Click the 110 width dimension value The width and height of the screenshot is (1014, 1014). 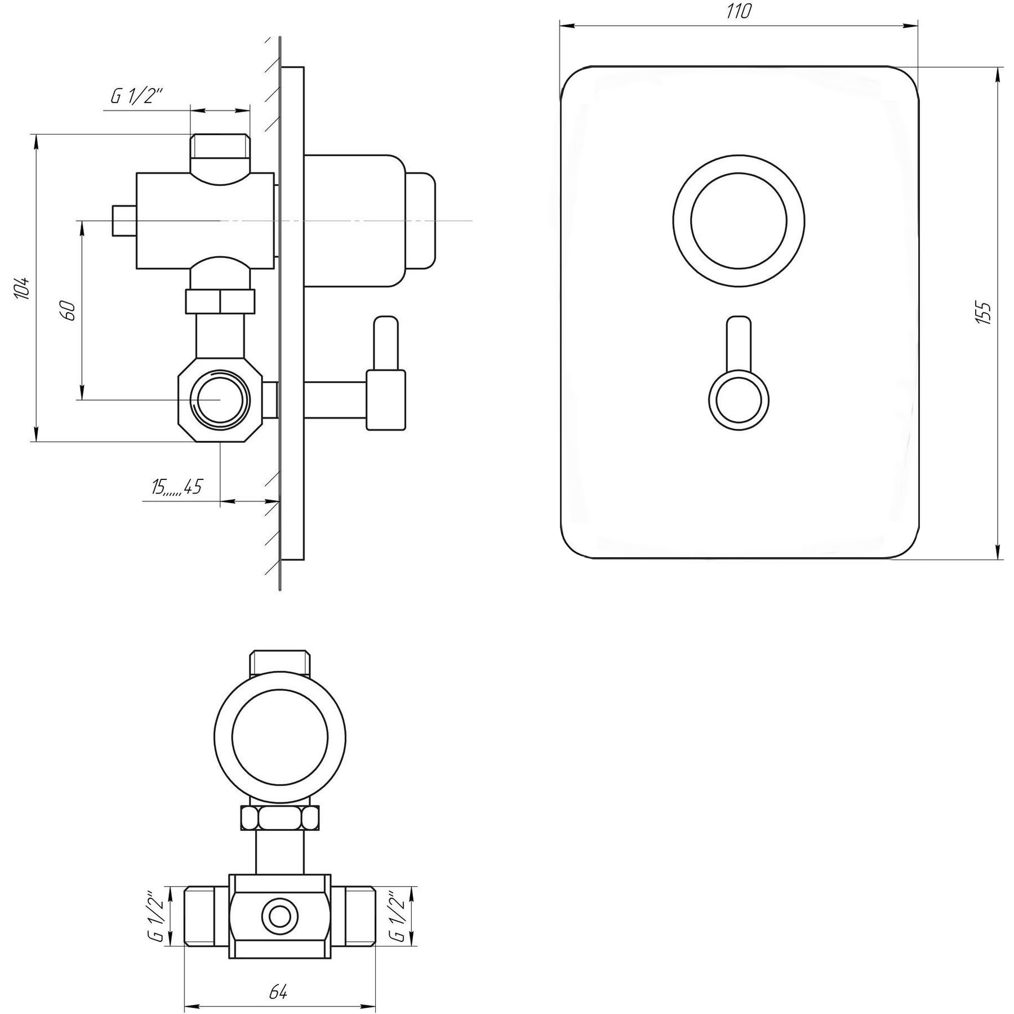(739, 11)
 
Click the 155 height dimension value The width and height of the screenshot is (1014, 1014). (983, 313)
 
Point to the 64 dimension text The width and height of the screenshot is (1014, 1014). (278, 976)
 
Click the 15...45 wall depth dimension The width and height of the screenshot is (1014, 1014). (176, 487)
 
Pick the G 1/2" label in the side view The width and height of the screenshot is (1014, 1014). (136, 96)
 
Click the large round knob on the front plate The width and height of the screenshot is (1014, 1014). (739, 220)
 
